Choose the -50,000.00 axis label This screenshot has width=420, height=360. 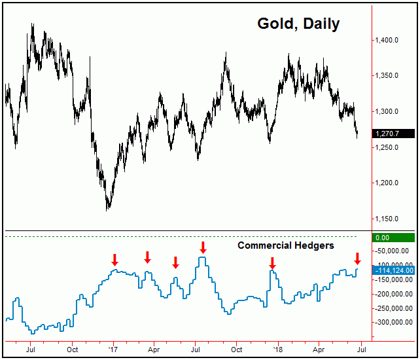[x=393, y=251]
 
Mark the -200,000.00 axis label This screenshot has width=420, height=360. [x=393, y=294]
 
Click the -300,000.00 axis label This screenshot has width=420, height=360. [x=393, y=323]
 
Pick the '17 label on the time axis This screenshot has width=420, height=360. [x=113, y=350]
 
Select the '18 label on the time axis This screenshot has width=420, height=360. [x=278, y=350]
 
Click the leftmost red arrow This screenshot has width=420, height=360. [x=114, y=260]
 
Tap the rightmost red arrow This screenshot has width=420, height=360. [x=357, y=259]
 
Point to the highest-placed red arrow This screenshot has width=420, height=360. [x=203, y=247]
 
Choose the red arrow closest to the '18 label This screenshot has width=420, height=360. [x=272, y=263]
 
